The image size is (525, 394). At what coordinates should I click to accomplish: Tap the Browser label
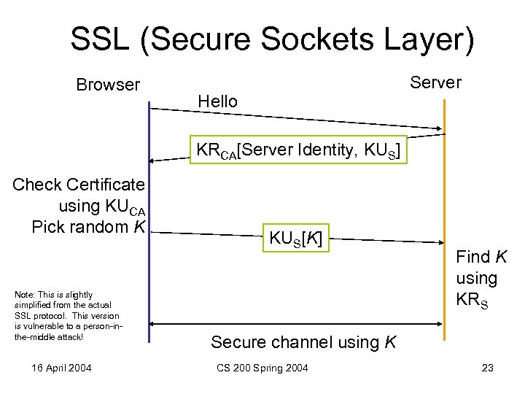tap(108, 85)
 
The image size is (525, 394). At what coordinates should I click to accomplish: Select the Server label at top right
tap(436, 82)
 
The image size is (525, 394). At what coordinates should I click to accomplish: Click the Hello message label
tap(218, 101)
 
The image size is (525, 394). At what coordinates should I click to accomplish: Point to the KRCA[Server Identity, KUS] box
tap(297, 152)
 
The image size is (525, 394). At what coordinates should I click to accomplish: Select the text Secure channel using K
tap(303, 341)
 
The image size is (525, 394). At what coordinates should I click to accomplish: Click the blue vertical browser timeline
tap(149, 277)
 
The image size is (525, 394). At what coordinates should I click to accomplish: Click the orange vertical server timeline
tap(444, 219)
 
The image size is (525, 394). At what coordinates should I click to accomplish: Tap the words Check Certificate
tap(79, 185)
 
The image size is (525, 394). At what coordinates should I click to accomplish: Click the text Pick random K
tap(88, 227)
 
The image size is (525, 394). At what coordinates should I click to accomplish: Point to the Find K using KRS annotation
tap(476, 278)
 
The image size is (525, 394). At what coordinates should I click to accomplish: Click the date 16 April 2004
tap(61, 368)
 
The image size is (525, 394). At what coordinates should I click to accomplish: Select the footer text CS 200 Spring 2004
tap(262, 368)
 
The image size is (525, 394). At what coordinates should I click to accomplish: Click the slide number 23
tap(488, 368)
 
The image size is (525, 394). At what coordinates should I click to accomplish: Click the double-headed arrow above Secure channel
tap(296, 323)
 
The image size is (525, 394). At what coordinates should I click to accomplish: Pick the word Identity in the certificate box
tap(314, 152)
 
